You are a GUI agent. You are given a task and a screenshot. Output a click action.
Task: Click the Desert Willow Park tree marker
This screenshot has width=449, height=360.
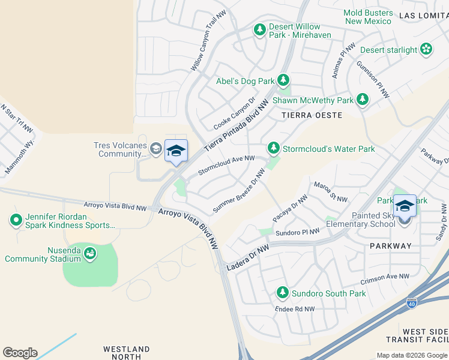point(260,29)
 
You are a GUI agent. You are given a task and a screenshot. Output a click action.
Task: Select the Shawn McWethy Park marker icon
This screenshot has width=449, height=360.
point(362,99)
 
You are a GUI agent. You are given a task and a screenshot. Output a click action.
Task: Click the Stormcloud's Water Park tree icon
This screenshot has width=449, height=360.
point(273,148)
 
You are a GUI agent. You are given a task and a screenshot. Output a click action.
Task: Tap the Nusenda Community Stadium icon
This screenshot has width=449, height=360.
point(90,254)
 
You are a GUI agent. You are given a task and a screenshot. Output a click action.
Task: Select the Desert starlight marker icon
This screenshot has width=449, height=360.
point(426,49)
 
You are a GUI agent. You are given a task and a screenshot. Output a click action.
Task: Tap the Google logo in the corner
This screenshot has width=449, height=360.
point(20,352)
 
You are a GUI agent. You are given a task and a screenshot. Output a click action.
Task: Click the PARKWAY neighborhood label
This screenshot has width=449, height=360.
point(391,245)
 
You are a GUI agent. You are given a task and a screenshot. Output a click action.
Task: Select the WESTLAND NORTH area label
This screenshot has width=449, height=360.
point(126,352)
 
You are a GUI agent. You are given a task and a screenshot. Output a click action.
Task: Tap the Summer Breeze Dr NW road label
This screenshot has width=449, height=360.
point(239,191)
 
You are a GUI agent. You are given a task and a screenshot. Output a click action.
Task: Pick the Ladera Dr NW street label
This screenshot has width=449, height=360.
point(248,257)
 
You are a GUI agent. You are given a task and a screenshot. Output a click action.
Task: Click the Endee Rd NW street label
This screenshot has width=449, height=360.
point(294,309)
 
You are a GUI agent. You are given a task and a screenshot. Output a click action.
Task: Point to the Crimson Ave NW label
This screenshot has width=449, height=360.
point(384,279)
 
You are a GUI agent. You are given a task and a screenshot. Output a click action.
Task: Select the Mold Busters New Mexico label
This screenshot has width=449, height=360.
point(369,17)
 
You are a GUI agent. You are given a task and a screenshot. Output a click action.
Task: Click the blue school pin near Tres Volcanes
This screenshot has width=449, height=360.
point(176,151)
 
